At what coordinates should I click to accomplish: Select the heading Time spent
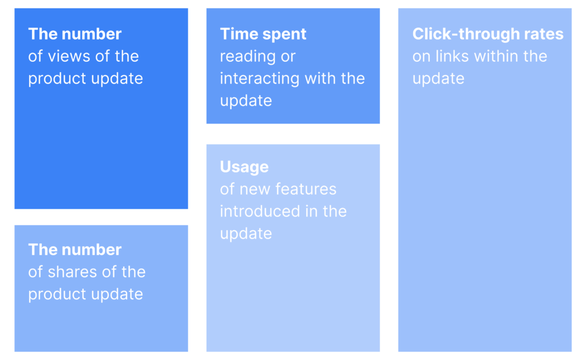(263, 34)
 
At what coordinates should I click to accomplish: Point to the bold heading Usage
(244, 167)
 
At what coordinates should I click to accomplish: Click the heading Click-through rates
(488, 34)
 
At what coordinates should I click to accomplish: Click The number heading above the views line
(75, 34)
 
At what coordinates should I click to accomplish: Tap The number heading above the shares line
(75, 250)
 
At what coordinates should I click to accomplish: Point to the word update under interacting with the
(246, 101)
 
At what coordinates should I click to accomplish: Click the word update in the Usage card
(246, 234)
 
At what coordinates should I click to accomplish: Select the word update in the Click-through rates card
(438, 79)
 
